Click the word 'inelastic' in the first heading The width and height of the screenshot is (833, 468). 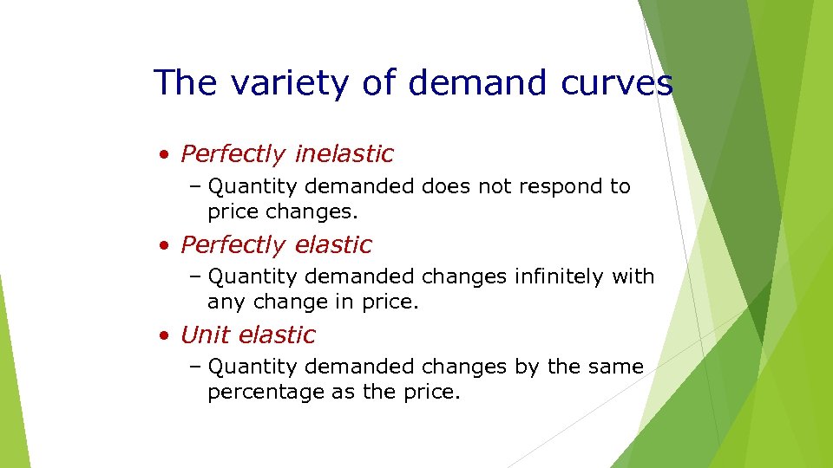click(x=344, y=154)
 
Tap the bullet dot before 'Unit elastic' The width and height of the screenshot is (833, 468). click(x=164, y=336)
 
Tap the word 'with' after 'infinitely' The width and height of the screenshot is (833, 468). click(x=633, y=277)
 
